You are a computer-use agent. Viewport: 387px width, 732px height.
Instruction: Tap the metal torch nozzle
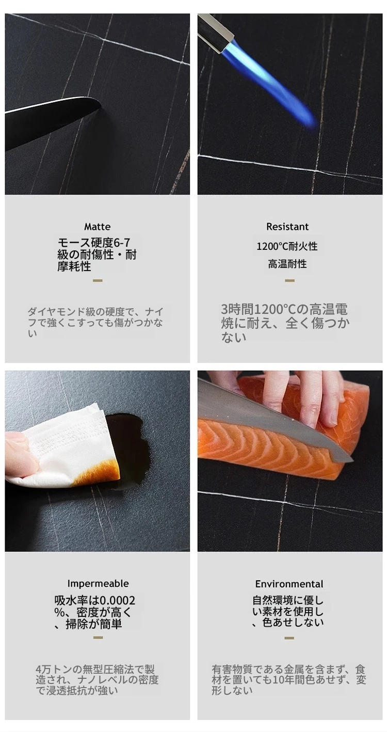(217, 32)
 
